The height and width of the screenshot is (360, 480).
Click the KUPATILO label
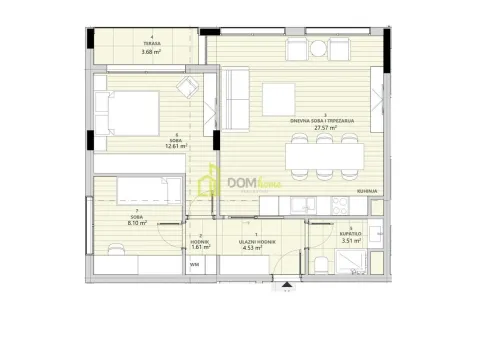click(x=350, y=232)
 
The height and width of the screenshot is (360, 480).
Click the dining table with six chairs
click(x=322, y=158)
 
